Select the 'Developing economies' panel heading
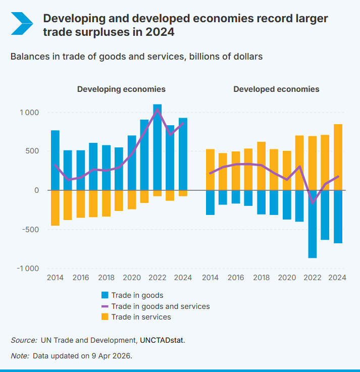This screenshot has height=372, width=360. click(121, 89)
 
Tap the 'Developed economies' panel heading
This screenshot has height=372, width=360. click(276, 89)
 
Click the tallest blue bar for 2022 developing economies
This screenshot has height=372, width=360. click(157, 146)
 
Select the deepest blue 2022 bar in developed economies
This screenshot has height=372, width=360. click(312, 224)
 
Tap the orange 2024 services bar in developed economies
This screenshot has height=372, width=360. click(338, 157)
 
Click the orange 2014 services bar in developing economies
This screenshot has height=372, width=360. click(55, 207)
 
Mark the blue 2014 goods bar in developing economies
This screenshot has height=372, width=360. click(55, 160)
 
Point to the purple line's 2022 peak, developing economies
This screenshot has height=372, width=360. click(157, 110)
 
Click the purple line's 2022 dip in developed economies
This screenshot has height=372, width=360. click(312, 202)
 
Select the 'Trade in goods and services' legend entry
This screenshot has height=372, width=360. click(155, 306)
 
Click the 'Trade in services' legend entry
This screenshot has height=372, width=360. click(136, 317)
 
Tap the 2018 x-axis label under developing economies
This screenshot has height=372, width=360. click(106, 278)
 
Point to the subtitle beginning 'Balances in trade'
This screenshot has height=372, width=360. click(136, 57)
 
